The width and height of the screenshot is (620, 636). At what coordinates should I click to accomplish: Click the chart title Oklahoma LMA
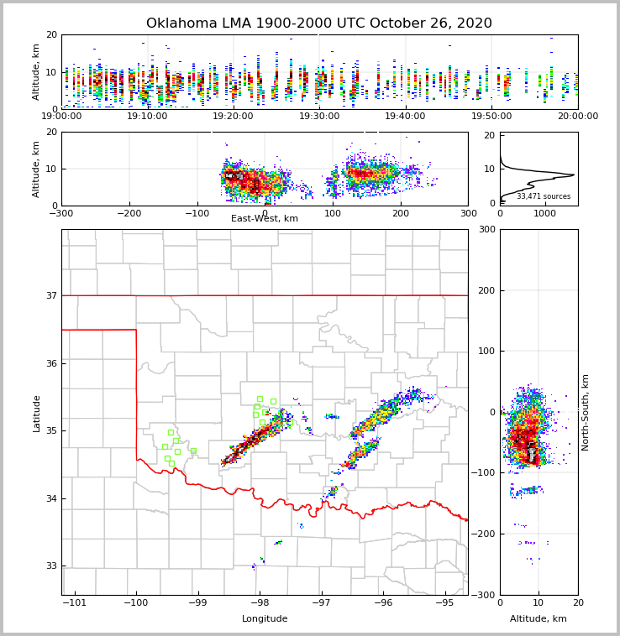click(319, 23)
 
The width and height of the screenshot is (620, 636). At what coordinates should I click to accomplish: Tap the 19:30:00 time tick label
click(320, 117)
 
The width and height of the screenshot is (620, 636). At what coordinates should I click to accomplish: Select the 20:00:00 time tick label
click(577, 117)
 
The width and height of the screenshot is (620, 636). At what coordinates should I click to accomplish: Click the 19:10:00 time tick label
click(148, 117)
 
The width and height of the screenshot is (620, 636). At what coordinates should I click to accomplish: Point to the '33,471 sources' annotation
click(543, 196)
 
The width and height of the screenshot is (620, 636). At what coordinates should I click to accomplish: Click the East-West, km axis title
click(265, 219)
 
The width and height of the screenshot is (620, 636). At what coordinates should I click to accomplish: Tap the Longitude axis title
click(265, 619)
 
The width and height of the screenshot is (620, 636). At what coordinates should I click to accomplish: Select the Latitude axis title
click(37, 413)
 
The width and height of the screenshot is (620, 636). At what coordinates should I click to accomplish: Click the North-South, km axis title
click(586, 412)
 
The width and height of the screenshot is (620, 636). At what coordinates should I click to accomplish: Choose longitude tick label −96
click(382, 602)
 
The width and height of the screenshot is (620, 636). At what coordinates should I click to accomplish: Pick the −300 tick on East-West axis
click(61, 213)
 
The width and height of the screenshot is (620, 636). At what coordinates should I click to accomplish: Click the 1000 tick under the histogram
click(544, 213)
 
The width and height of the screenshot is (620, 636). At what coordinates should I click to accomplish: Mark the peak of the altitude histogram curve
click(574, 175)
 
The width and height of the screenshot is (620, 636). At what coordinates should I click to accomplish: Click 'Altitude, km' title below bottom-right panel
click(539, 619)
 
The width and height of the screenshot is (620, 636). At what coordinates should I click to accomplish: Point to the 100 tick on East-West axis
click(333, 213)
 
